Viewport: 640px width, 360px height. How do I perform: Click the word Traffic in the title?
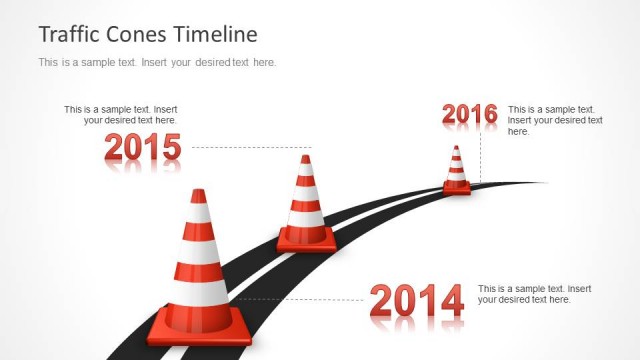pyautogui.click(x=68, y=34)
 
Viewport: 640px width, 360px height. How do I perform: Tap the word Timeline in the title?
pyautogui.click(x=215, y=34)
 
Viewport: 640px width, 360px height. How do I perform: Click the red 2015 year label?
pyautogui.click(x=143, y=148)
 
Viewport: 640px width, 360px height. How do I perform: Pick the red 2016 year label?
pyautogui.click(x=469, y=115)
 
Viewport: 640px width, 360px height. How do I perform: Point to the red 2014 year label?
pyautogui.click(x=417, y=300)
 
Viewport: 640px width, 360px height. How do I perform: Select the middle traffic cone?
pyautogui.click(x=306, y=206)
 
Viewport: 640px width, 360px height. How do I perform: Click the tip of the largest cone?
pyautogui.click(x=199, y=194)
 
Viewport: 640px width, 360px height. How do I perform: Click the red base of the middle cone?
pyautogui.click(x=306, y=241)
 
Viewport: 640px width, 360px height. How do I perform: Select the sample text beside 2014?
pyautogui.click(x=527, y=294)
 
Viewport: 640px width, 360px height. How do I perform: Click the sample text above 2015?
pyautogui.click(x=121, y=115)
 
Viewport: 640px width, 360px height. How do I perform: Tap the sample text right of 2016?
pyautogui.click(x=555, y=120)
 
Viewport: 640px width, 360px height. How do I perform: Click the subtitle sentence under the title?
pyautogui.click(x=157, y=62)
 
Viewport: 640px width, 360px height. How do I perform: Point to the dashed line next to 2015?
pyautogui.click(x=250, y=147)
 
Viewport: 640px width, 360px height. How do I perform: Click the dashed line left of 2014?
pyautogui.click(x=300, y=299)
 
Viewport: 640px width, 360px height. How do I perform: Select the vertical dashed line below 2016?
pyautogui.click(x=479, y=155)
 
